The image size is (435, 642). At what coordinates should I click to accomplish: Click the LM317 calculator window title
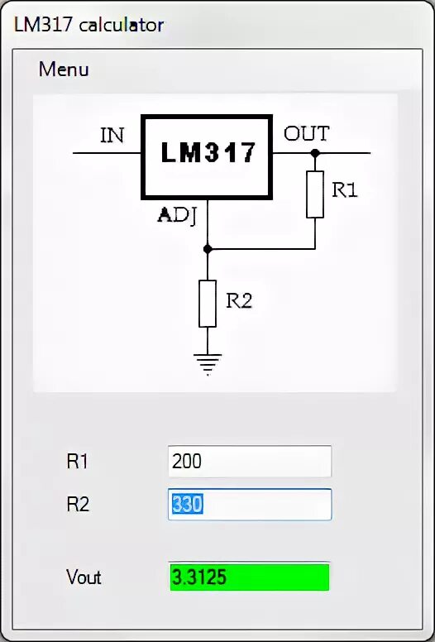point(88,25)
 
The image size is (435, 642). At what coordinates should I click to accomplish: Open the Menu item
point(64,69)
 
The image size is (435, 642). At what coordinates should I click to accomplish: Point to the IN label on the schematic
point(112,135)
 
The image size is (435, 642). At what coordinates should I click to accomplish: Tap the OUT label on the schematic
point(306,133)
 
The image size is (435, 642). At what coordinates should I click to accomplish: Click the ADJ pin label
point(176,217)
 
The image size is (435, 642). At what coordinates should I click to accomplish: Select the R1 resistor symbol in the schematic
point(315,194)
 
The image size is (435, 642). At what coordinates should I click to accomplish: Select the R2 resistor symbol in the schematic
point(208,303)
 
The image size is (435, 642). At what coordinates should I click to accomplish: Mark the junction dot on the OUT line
point(315,153)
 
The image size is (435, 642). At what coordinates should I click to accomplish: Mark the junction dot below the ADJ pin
point(208,247)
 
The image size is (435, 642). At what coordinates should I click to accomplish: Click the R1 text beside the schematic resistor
point(344,189)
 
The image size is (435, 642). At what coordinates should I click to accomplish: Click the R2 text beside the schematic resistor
point(238,300)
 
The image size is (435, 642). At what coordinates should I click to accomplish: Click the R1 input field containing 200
point(249,461)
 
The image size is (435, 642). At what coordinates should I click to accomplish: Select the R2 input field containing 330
point(249,504)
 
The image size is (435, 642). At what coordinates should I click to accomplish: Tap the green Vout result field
point(249,577)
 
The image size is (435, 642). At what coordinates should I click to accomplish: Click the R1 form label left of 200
point(78,462)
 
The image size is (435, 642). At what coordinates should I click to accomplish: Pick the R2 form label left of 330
point(78,504)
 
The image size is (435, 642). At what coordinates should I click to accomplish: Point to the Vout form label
point(84,577)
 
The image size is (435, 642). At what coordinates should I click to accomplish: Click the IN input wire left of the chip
point(108,153)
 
